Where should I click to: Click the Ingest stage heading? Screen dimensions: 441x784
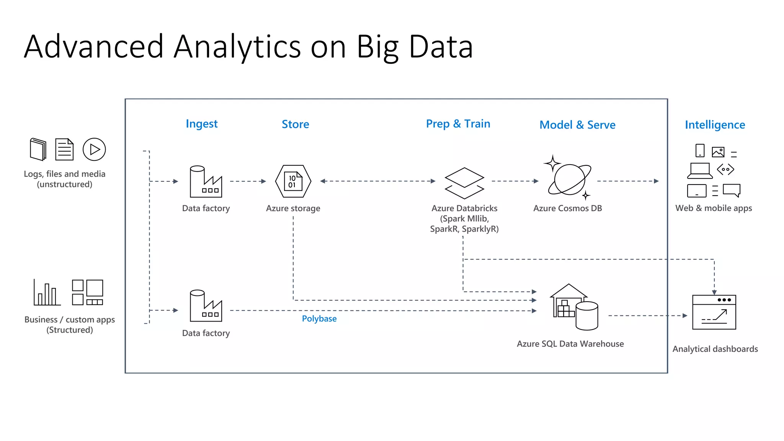click(201, 124)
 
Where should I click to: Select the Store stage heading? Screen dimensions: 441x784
click(295, 124)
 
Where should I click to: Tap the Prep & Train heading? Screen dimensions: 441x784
click(458, 124)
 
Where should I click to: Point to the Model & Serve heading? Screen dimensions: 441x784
click(577, 125)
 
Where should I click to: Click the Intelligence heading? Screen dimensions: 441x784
click(715, 125)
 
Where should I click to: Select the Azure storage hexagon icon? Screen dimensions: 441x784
click(293, 181)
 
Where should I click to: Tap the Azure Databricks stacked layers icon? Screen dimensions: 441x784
click(464, 183)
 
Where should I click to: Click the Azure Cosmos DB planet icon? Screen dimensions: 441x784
click(569, 178)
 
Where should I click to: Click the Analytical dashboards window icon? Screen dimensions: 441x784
click(714, 312)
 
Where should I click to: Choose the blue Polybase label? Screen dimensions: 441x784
click(319, 318)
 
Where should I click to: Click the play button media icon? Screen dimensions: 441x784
click(94, 149)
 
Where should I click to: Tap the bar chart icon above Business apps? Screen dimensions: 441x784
click(46, 293)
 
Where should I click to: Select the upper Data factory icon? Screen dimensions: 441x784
click(206, 181)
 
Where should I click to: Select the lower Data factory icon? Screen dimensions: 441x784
click(206, 306)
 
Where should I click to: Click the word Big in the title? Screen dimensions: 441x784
click(377, 47)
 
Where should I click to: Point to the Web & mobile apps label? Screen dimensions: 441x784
click(714, 208)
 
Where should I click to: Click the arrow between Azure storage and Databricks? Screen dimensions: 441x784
click(378, 181)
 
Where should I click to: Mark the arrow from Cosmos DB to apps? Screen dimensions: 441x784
click(628, 181)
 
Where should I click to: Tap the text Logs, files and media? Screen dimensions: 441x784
click(64, 174)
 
